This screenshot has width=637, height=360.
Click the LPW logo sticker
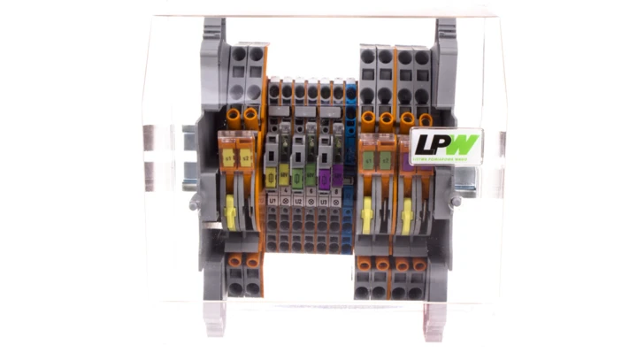point(445,143)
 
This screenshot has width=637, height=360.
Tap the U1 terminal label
point(272,201)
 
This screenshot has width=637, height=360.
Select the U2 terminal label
point(298,201)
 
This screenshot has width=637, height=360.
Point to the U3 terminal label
point(325,201)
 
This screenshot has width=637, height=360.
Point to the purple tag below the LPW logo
point(408,164)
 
